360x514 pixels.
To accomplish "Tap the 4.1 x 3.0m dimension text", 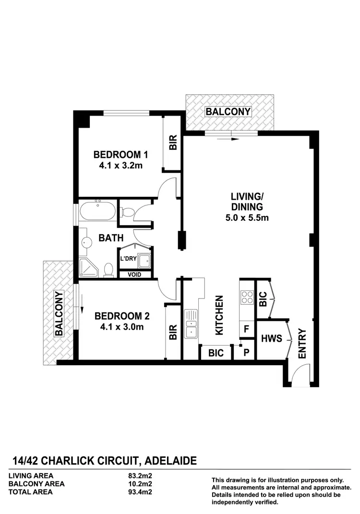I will pyautogui.click(x=122, y=327).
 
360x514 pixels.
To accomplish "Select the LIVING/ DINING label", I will pyautogui.click(x=247, y=202).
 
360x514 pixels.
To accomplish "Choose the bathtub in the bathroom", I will pyautogui.click(x=97, y=212).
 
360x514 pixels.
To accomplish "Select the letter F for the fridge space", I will pyautogui.click(x=246, y=330).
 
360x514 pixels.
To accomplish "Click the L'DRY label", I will pyautogui.click(x=129, y=258).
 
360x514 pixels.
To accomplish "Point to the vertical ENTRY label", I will pyautogui.click(x=302, y=343).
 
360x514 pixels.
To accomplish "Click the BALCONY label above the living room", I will pyautogui.click(x=228, y=112).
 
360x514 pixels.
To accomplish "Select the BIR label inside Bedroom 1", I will pyautogui.click(x=173, y=143).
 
